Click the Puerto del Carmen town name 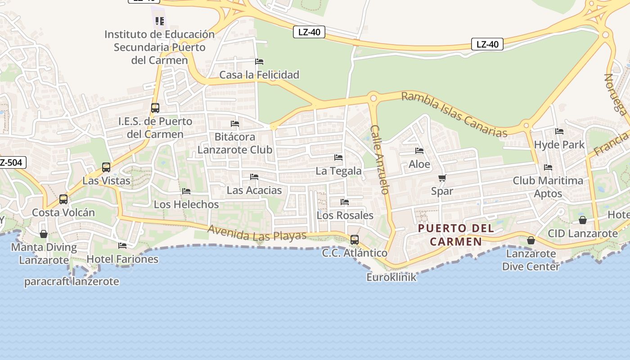click(x=456, y=235)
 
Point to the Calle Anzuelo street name click(x=379, y=159)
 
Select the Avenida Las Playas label click(x=257, y=233)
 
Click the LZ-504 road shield click(x=12, y=162)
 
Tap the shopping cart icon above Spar click(x=442, y=178)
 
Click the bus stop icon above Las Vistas click(x=106, y=167)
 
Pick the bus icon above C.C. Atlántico click(x=355, y=240)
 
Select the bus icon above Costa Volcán click(x=63, y=199)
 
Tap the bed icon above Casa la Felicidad click(x=259, y=62)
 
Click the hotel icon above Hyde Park click(x=559, y=131)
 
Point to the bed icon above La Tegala click(x=338, y=157)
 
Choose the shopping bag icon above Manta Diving click(x=44, y=234)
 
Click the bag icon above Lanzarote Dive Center click(x=531, y=241)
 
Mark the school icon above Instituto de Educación click(x=160, y=21)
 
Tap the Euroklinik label click(x=391, y=277)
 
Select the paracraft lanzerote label click(x=72, y=282)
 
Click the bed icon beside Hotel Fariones click(x=122, y=246)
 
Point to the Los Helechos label click(x=186, y=204)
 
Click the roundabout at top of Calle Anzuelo click(x=373, y=98)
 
